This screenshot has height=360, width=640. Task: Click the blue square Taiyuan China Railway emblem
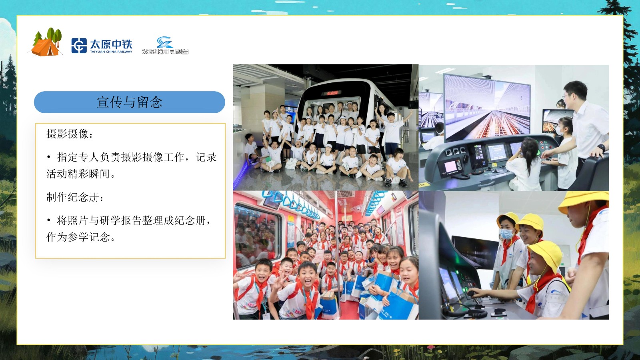[79, 46]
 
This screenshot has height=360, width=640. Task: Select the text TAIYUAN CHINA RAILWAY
[111, 52]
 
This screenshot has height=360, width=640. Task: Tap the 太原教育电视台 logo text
[165, 52]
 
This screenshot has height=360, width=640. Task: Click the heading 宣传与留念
[130, 102]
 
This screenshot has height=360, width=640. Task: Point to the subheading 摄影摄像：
[70, 134]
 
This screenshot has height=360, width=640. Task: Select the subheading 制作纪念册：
[75, 197]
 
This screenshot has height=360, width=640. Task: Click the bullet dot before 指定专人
[49, 157]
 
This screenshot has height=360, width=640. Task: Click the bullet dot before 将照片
[49, 220]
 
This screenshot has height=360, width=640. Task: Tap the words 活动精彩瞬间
[78, 174]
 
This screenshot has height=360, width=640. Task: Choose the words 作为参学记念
[78, 237]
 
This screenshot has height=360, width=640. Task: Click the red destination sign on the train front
[332, 93]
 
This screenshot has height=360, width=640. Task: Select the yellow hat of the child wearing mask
[508, 220]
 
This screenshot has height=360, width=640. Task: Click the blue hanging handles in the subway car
[294, 204]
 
